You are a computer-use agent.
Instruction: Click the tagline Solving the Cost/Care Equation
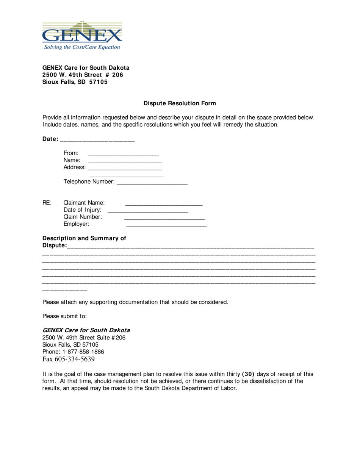tap(82, 47)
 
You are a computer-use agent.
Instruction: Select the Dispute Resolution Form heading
tap(180, 103)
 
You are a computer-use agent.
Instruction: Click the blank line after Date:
tap(97, 140)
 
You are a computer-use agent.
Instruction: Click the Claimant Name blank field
tap(164, 204)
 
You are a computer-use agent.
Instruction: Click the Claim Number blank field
tap(164, 218)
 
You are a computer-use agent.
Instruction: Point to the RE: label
tap(47, 203)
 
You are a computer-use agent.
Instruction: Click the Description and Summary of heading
tap(84, 238)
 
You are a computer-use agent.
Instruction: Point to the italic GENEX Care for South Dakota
tap(86, 330)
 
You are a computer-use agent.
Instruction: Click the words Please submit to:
tap(64, 316)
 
